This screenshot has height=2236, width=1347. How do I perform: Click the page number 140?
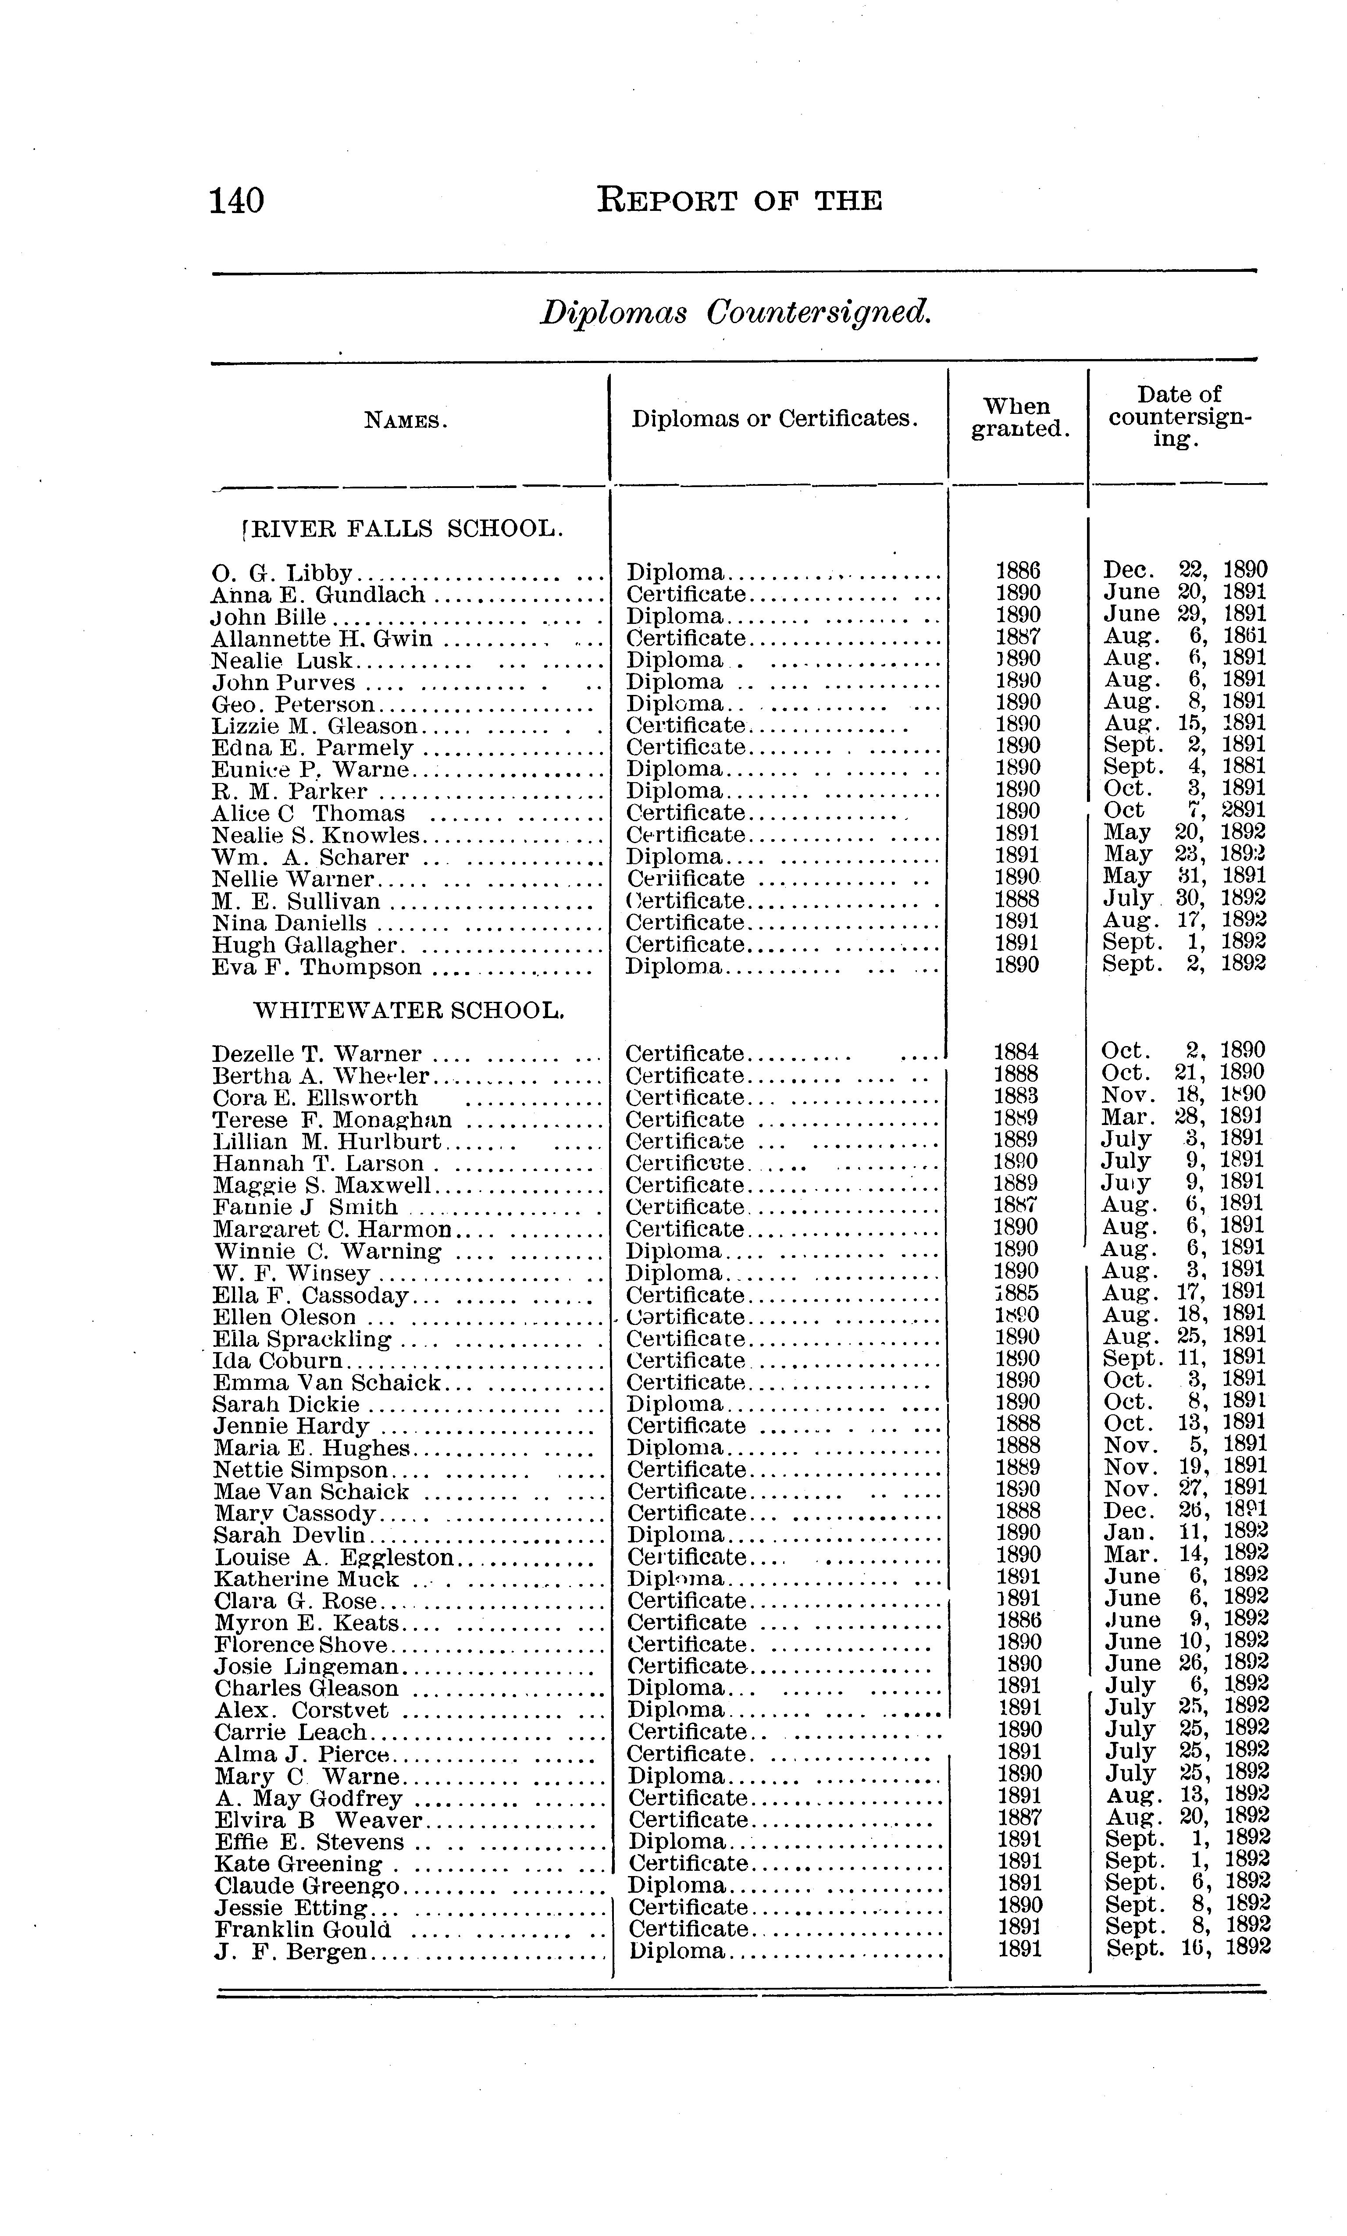pos(237,200)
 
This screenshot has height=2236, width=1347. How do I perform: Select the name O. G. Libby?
pos(282,573)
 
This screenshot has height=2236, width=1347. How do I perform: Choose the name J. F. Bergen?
pos(290,1951)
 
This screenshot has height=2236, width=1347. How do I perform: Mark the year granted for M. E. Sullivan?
pos(1016,899)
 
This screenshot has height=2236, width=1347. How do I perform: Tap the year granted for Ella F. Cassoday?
pos(1016,1293)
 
